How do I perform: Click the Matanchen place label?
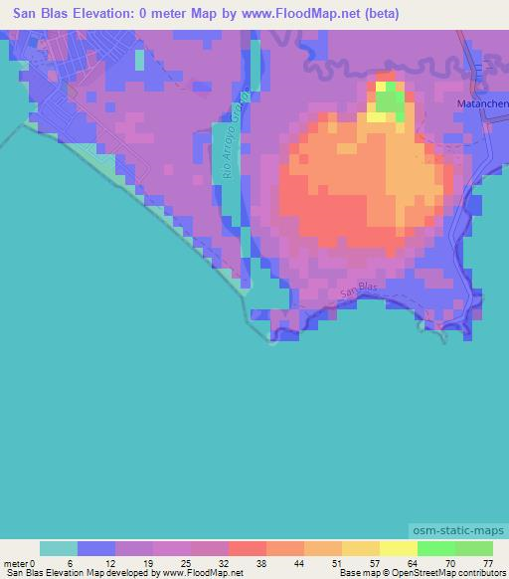[482, 102]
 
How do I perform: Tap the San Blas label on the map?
[359, 290]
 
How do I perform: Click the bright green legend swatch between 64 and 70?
[436, 548]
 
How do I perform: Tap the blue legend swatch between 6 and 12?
[96, 548]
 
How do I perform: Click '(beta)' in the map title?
[379, 14]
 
